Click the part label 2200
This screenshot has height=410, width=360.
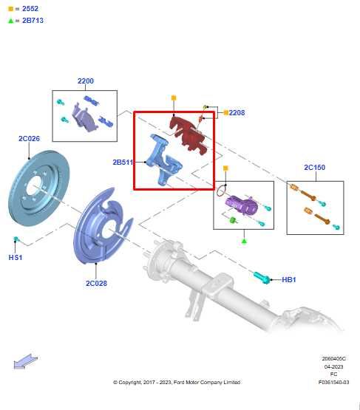coord(85,81)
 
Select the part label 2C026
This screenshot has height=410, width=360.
coord(29,138)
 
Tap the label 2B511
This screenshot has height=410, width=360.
coord(123,162)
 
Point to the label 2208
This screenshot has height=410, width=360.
coord(237,113)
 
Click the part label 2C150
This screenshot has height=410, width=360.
coord(314,168)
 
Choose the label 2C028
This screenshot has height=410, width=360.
coord(96,283)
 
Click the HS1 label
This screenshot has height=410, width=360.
coord(16,258)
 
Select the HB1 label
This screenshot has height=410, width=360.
coord(289,280)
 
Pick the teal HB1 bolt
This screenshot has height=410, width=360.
coord(262,278)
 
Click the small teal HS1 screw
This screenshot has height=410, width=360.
coord(16,239)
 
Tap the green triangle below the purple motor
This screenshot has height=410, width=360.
coord(244,240)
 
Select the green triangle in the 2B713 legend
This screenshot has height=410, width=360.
coord(10,21)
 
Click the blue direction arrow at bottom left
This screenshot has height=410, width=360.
coord(24,361)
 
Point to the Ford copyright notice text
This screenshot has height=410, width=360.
coord(176,382)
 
